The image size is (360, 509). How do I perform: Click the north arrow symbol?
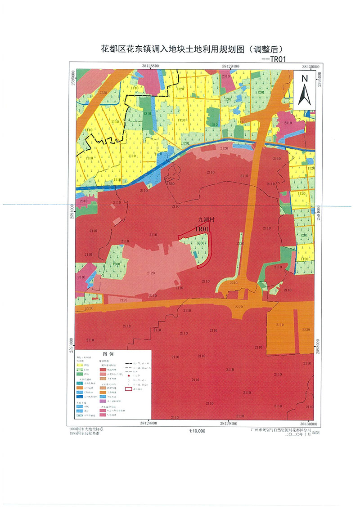(x=304, y=89)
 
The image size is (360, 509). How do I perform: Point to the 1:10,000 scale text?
(x=194, y=431)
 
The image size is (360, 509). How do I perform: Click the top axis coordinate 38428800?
(x=149, y=66)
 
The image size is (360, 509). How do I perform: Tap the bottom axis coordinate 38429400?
(x=229, y=424)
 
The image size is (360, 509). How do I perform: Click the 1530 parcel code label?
(x=170, y=183)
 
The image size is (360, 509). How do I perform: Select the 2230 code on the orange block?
(x=306, y=330)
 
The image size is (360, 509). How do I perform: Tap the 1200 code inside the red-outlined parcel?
(x=201, y=243)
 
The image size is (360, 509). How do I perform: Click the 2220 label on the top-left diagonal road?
(x=103, y=93)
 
